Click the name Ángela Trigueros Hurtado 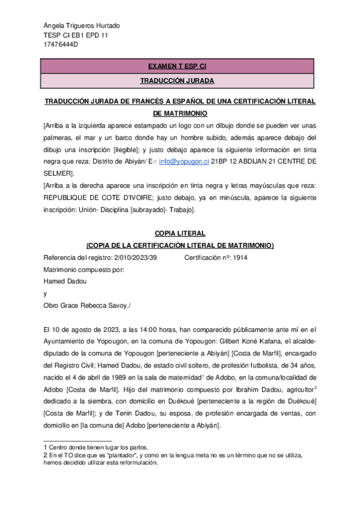tap(82, 26)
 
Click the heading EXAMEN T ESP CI tap(177, 66)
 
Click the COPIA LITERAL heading tap(180, 233)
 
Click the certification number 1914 tap(240, 257)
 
